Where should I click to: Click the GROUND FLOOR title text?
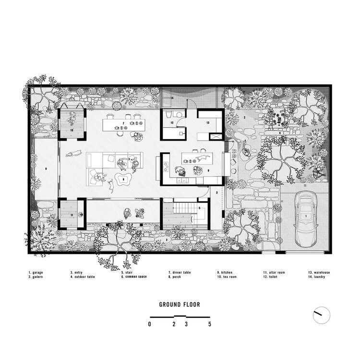pos(180,304)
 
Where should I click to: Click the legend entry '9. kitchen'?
pos(225,273)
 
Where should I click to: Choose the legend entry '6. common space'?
pos(133,277)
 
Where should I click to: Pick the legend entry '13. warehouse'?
pos(319,273)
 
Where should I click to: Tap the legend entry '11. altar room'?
pos(274,273)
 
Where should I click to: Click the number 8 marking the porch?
pos(46,169)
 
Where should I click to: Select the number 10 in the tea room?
pos(72,130)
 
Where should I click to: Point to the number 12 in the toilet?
pos(171,123)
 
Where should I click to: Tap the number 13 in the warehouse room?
pos(207,123)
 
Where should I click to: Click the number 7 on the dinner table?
pos(123,124)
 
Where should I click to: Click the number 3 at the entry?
pos(216,192)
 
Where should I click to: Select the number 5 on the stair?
pos(199,208)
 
